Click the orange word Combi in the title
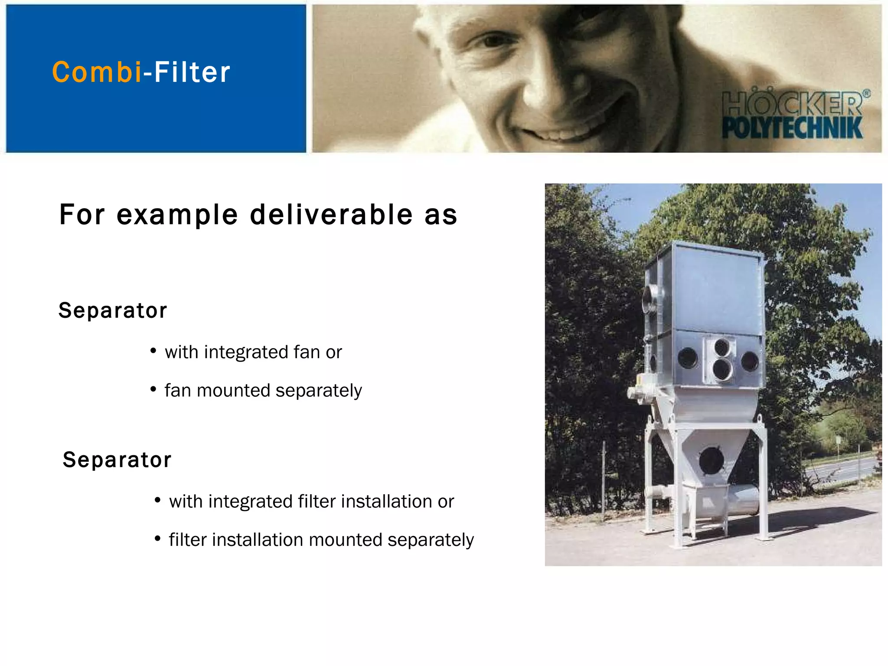pos(96,72)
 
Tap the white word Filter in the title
pos(192,72)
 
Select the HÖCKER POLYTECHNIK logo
pos(793,115)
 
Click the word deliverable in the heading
pos(331,215)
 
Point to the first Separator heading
pos(113,310)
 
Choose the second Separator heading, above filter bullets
pos(117,460)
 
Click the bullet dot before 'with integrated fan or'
pos(153,351)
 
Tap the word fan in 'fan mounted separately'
pos(178,391)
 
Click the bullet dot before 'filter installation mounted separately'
pos(157,539)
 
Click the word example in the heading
pos(177,215)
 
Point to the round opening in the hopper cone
pos(712,460)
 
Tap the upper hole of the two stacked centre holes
pos(722,347)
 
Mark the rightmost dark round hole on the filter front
pos(750,361)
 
